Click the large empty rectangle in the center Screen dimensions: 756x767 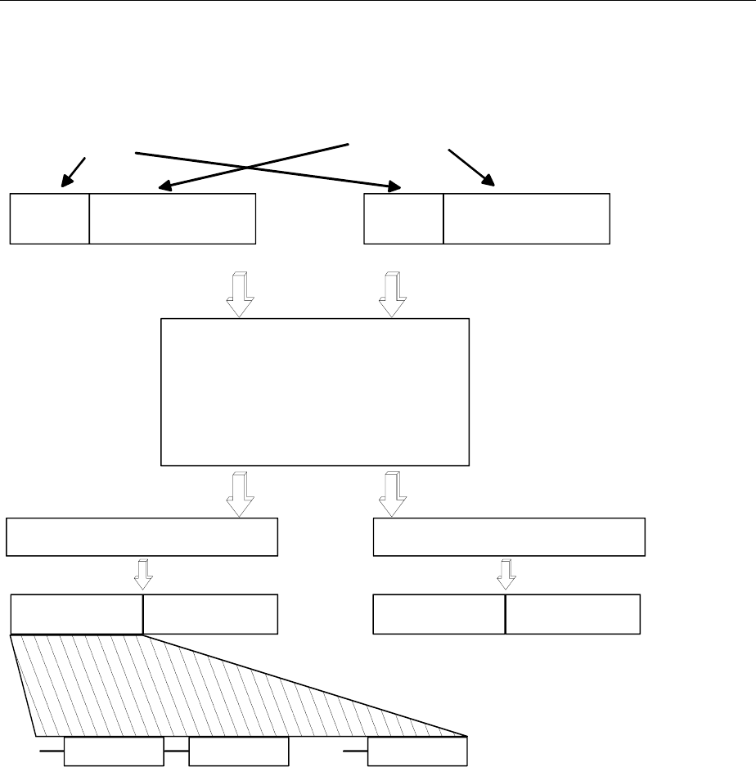(x=315, y=392)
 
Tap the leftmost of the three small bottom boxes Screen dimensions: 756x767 (x=113, y=750)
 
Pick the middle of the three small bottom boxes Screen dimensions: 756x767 (x=238, y=750)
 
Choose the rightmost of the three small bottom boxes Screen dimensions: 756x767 (x=417, y=750)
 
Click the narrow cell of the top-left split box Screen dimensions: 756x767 (x=49, y=219)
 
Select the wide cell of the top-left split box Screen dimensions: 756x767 (x=173, y=219)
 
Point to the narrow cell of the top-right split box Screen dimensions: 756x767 (x=403, y=219)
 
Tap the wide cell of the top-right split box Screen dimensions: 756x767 (x=526, y=219)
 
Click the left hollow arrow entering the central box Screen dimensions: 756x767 (x=240, y=294)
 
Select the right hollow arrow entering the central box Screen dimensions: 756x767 (x=393, y=294)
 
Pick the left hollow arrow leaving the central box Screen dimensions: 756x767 (x=240, y=493)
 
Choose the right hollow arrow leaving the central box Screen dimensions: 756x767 (x=393, y=493)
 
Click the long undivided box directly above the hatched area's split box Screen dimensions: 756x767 (x=142, y=536)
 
